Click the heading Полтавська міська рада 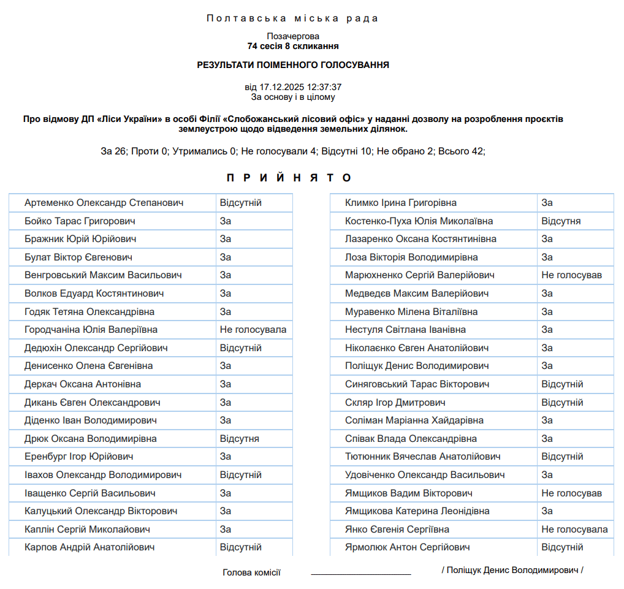coord(293,18)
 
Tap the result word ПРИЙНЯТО coord(289,178)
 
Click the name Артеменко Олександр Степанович coord(104,203)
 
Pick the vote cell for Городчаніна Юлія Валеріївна coord(253,330)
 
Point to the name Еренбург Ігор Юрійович coord(79,457)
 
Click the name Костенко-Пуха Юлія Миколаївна coord(419,221)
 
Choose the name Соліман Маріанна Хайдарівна coord(414,420)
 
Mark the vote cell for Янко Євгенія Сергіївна coord(574,530)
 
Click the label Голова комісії coord(251,573)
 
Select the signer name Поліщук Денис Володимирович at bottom coord(512,570)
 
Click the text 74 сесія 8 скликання coord(293,46)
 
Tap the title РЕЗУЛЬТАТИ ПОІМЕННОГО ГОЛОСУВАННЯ coord(293,65)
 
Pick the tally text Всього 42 coord(462,151)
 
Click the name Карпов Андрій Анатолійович coord(89,547)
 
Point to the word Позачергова coord(293,36)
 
